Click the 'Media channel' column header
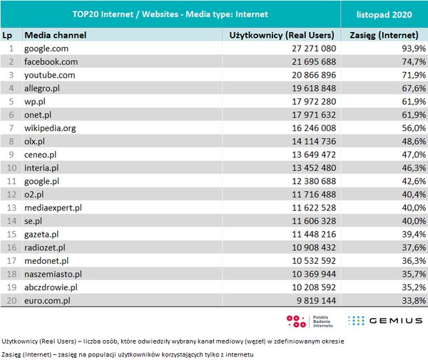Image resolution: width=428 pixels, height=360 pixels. (x=54, y=35)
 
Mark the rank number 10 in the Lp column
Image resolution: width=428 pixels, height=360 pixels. (x=11, y=168)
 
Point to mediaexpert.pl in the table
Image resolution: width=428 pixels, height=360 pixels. (x=53, y=207)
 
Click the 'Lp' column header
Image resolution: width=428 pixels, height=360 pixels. (x=9, y=35)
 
